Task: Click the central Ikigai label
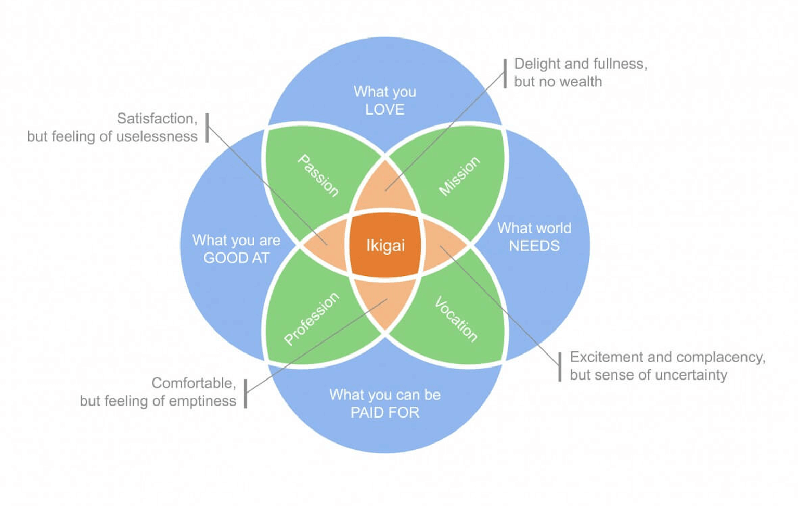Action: (385, 245)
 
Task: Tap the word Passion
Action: (318, 175)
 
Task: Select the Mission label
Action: (459, 176)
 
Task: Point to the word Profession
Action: (311, 319)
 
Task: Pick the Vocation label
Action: (456, 319)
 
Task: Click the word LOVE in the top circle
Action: (384, 109)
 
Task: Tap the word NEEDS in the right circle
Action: (534, 246)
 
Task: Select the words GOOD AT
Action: (236, 258)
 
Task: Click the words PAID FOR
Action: (384, 412)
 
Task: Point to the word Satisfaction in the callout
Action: (157, 119)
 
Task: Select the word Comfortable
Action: (193, 383)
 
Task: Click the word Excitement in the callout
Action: (607, 357)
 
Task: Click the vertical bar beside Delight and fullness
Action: (505, 73)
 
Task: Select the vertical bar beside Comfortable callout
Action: (246, 393)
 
